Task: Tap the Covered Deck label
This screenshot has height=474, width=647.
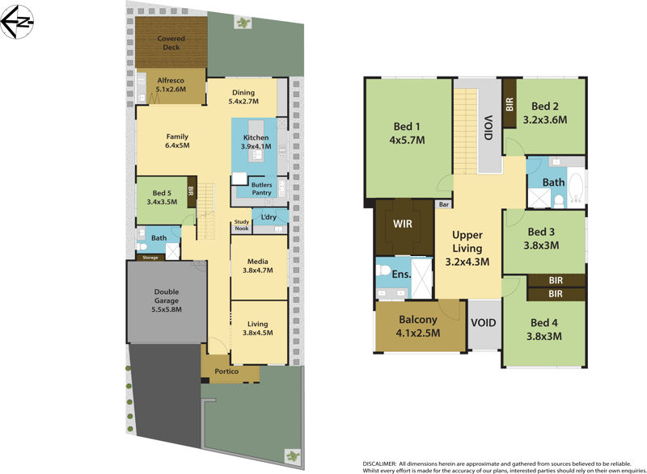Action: (171, 43)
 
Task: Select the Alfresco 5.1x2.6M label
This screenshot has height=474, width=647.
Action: (171, 86)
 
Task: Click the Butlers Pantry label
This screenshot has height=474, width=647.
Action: (260, 188)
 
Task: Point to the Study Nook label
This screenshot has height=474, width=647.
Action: (241, 225)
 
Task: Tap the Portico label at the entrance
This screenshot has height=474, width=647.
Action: (230, 372)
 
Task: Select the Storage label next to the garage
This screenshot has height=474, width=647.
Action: (151, 258)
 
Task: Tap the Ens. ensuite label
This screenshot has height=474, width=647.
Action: (401, 274)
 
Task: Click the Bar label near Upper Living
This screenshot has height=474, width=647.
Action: (443, 205)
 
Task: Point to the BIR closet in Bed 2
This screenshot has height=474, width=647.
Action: (510, 104)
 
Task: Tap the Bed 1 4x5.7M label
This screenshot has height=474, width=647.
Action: (407, 132)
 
